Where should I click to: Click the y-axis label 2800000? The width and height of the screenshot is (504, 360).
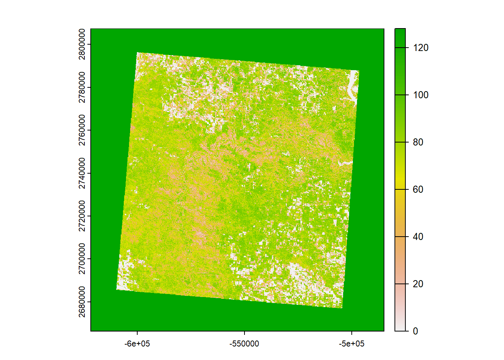[82, 44]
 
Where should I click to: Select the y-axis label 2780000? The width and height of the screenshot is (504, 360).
[82, 87]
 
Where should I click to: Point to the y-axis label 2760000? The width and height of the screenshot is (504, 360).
[82, 130]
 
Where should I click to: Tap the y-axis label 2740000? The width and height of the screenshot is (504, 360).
[82, 173]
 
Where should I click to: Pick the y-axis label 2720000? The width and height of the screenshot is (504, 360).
[82, 216]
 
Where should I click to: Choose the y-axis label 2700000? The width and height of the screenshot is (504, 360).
[82, 259]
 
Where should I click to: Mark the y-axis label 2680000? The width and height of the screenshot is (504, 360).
[82, 302]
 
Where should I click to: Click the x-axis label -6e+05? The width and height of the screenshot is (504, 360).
[137, 343]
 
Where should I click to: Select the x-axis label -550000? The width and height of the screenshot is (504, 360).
[244, 343]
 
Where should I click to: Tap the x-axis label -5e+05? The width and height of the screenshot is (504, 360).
[352, 343]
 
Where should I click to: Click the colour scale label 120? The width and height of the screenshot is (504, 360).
[420, 48]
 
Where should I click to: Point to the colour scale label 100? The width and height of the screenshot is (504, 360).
[420, 95]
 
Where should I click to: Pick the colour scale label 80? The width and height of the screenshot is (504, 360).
[418, 142]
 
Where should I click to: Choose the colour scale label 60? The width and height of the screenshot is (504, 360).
[418, 189]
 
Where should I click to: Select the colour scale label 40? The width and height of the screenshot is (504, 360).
[418, 237]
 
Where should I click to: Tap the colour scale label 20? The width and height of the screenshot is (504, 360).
[418, 284]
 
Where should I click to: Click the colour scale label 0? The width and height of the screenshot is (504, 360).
[415, 331]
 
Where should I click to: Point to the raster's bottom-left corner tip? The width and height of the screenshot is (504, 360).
[117, 289]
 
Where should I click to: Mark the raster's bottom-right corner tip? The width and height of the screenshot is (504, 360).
[342, 308]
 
